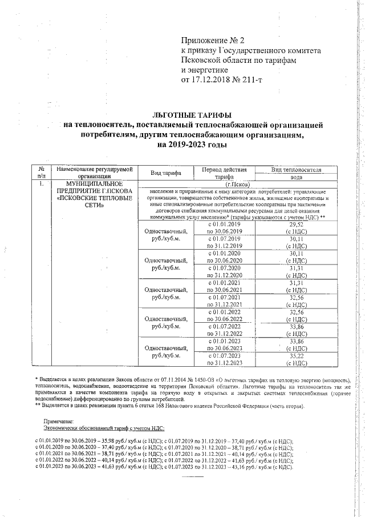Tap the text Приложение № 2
pos(212,41)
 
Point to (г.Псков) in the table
pos(237,184)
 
